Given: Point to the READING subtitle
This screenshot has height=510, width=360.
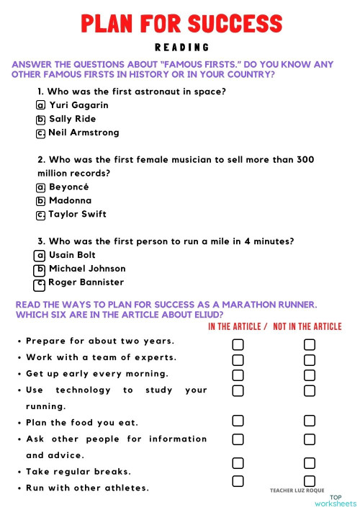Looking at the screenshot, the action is point(181,48).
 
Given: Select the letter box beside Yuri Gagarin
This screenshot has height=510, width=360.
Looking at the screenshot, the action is point(41,105).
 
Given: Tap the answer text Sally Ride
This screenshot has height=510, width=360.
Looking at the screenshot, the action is point(72,119).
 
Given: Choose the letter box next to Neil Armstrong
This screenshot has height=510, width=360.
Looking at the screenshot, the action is point(41,133).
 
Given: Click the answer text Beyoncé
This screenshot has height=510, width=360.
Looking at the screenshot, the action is point(69,187).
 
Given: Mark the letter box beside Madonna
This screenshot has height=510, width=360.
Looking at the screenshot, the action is point(41,201).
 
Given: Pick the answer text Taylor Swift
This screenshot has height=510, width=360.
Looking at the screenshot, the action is point(77,214).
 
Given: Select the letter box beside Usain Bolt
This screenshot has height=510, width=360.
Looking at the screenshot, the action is point(41,255).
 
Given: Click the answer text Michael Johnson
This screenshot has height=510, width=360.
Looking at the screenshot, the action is point(87,269).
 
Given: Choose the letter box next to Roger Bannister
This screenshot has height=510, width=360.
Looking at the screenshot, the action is point(41,283).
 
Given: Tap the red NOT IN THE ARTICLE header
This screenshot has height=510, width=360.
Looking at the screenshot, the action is point(307,326).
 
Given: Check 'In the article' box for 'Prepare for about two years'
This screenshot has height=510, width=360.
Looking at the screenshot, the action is point(238,344).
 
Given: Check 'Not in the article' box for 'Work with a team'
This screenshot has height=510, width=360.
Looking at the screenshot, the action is point(310,360).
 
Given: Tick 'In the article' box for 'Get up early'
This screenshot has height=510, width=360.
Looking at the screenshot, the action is point(238,375).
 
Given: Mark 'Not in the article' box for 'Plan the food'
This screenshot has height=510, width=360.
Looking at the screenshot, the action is point(310,421).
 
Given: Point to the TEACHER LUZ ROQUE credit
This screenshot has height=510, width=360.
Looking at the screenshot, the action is point(297,490).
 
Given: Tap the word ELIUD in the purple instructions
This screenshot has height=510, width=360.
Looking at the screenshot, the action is point(206,315).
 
